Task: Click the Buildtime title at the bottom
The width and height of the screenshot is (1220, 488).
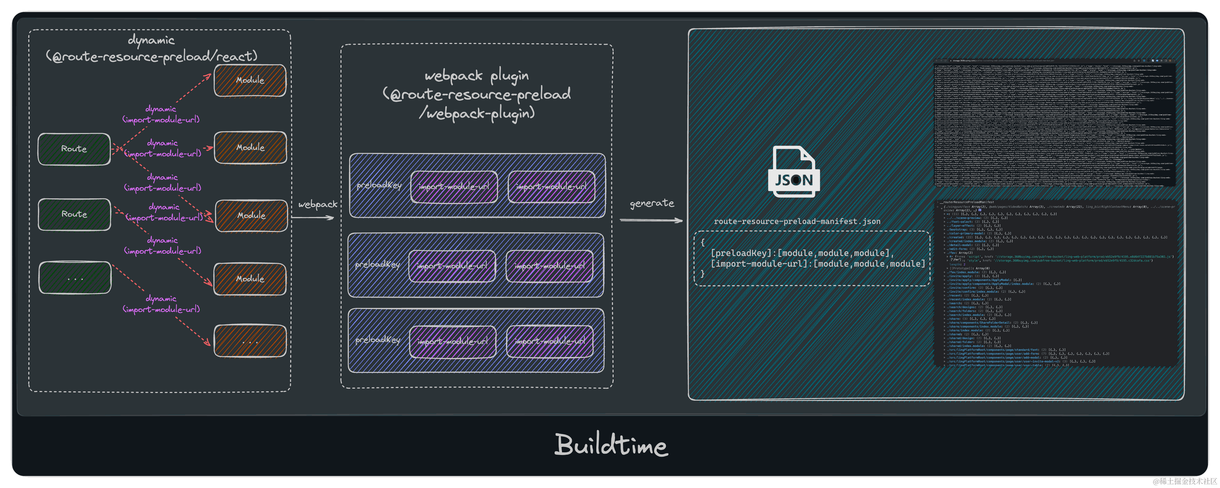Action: [611, 444]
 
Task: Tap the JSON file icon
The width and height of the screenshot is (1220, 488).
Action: [794, 171]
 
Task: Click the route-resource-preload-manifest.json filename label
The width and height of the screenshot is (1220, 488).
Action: [797, 221]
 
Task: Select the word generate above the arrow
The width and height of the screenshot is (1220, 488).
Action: [652, 203]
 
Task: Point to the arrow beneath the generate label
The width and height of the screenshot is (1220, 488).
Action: [651, 220]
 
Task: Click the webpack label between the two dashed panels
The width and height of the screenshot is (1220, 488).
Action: [318, 204]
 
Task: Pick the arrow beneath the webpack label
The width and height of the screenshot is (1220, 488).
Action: [313, 218]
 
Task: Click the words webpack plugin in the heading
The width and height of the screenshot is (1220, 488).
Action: [476, 76]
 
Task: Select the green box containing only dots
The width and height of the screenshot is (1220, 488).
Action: [75, 278]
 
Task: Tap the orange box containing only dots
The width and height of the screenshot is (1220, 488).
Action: [250, 341]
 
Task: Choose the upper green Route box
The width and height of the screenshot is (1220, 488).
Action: [74, 149]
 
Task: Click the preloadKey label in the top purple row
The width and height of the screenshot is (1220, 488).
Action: [379, 185]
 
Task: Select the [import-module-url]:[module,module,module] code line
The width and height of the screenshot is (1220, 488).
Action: [817, 264]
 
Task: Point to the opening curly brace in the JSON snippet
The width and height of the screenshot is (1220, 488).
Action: [702, 242]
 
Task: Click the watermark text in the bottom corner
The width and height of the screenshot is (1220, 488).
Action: [1184, 480]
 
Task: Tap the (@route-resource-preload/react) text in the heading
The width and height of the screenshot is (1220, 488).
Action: [152, 56]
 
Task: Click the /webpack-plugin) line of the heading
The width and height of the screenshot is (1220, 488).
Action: [476, 113]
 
